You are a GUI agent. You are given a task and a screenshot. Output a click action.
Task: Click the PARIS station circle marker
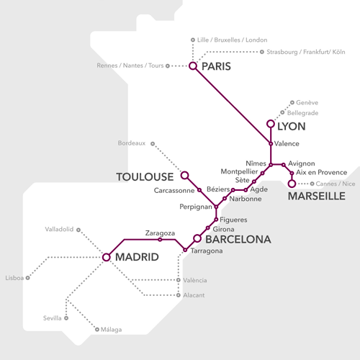click(193, 66)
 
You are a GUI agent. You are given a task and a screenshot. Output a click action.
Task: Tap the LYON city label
click(291, 126)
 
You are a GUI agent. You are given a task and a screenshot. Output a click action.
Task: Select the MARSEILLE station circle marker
click(292, 184)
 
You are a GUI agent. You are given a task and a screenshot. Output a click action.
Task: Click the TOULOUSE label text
click(145, 176)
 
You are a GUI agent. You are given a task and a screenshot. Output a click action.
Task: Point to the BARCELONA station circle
click(197, 238)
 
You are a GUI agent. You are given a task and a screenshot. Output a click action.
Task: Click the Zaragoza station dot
click(160, 240)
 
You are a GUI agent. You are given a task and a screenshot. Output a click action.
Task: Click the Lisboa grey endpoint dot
click(28, 277)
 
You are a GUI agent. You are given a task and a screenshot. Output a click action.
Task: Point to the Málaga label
click(110, 330)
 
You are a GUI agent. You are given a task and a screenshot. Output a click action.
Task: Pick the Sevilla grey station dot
click(66, 318)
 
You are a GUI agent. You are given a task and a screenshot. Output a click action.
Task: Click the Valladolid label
click(60, 229)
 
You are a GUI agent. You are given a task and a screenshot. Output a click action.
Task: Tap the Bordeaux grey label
click(132, 143)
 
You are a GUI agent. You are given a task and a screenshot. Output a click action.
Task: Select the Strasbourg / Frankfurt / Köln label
click(305, 52)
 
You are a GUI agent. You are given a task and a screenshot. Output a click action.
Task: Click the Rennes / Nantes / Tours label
click(130, 66)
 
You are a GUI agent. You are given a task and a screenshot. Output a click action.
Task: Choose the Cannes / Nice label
click(336, 184)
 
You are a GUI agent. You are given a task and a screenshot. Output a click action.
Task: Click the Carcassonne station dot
click(199, 191)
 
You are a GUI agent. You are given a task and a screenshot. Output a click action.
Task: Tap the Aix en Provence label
click(323, 173)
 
